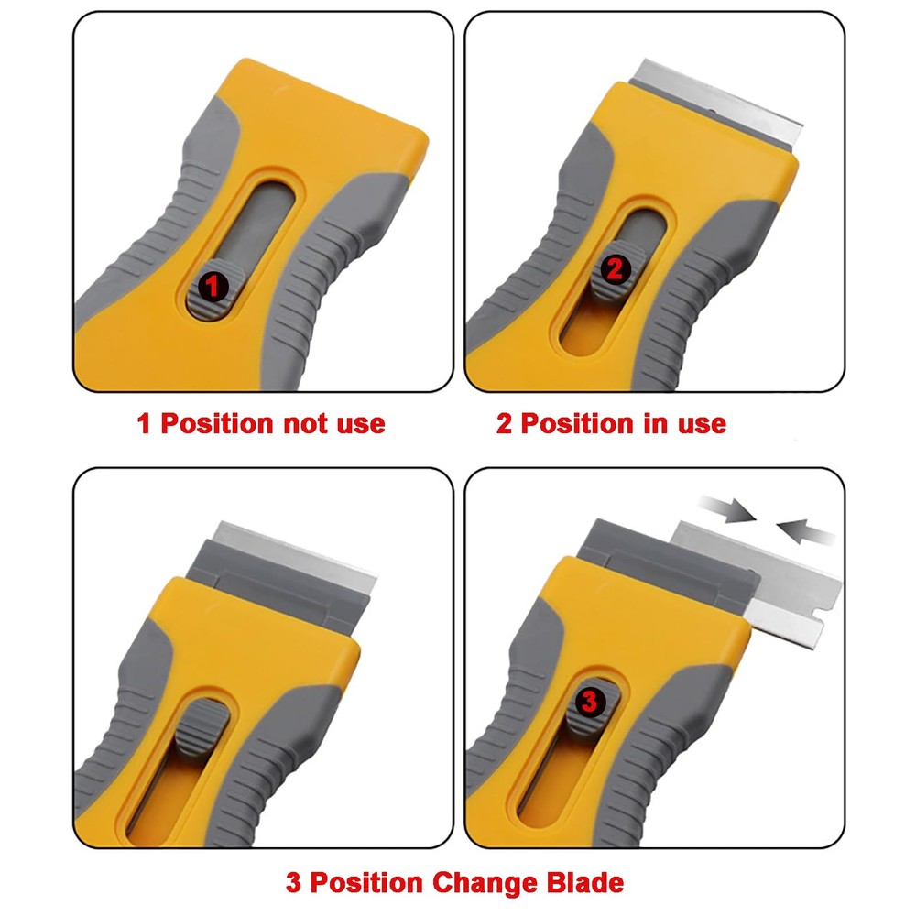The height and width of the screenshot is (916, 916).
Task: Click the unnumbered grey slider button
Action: click(202, 727)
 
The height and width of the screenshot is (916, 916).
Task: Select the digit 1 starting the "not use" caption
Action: click(144, 424)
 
